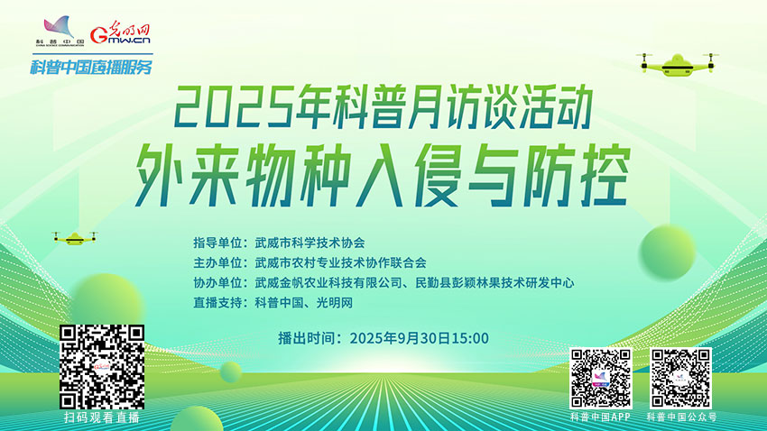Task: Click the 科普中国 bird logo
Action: [60, 31]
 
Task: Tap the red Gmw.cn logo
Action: [120, 32]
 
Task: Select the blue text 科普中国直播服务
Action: [91, 67]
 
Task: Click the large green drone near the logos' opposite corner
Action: [678, 65]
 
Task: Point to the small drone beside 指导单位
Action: [74, 238]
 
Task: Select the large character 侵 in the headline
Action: [438, 175]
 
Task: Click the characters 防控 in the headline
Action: [576, 175]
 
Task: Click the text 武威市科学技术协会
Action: [310, 243]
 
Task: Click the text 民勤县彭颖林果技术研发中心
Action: [494, 283]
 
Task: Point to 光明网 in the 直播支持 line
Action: [335, 303]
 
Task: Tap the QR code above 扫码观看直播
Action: [102, 366]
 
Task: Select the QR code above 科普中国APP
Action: [601, 378]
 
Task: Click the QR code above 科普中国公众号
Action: [680, 378]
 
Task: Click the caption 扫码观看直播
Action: [102, 417]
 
